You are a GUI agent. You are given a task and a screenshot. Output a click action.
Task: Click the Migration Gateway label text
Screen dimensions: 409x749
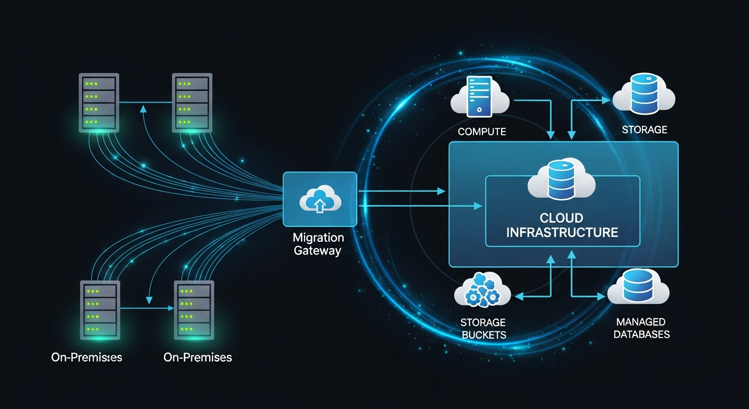coord(319,244)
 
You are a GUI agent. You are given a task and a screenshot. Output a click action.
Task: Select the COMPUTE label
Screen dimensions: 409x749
coord(481,132)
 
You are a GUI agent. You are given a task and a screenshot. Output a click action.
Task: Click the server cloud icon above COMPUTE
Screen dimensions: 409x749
coord(479,97)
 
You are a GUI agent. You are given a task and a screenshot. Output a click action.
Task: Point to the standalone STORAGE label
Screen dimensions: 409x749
coord(644,130)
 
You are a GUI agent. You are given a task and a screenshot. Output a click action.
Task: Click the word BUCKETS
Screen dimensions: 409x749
coord(483,335)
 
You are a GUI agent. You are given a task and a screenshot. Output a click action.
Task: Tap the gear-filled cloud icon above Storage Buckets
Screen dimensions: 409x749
coord(482,291)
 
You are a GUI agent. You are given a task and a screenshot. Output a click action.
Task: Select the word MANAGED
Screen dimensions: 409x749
coord(641,322)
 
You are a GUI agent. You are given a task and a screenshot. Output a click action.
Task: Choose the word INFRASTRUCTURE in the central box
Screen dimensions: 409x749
coord(562,232)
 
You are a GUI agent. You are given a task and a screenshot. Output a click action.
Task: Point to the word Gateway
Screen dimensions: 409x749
coord(319,250)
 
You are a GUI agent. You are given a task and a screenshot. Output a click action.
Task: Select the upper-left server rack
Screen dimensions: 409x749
coord(99,103)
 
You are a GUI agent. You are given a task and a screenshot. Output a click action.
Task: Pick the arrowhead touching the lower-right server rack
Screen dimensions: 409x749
coord(171,308)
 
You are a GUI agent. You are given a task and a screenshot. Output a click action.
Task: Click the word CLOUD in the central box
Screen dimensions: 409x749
coord(561,218)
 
